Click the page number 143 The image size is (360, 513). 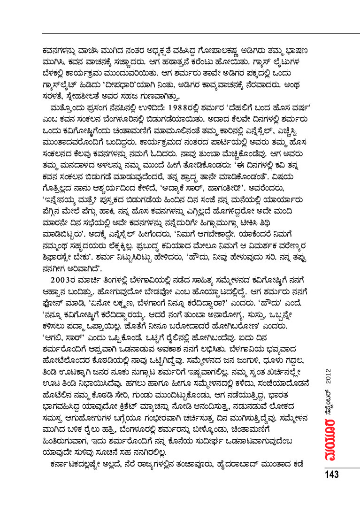pyautogui.click(x=330, y=475)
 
